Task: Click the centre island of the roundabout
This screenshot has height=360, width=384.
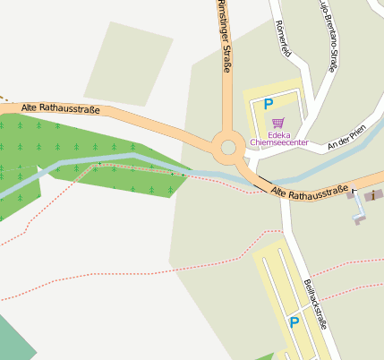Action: pos(228,147)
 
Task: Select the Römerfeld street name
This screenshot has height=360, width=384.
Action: pos(284,39)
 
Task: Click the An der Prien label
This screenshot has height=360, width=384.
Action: pos(347,137)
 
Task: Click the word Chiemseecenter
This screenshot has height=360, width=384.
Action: pos(279,142)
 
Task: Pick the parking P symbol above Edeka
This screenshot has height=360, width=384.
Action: pos(267,105)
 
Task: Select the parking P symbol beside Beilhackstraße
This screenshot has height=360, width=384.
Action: pos(293,322)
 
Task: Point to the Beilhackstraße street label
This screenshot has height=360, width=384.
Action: pos(315,304)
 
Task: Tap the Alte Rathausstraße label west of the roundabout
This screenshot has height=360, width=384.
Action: pos(61,108)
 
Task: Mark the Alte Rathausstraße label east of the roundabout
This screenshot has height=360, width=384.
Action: pos(309,192)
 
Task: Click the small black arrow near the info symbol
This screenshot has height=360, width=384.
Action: pos(353,191)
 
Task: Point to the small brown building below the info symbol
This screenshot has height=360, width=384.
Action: pos(359,218)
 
